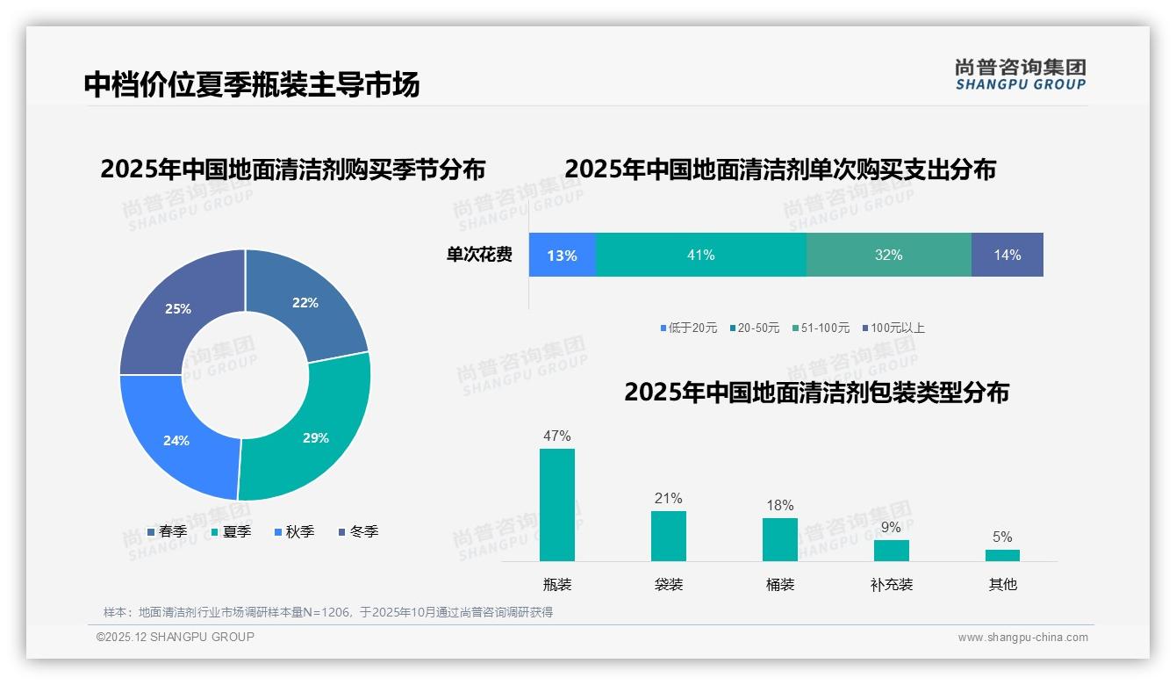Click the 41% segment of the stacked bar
700,255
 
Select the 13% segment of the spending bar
562,255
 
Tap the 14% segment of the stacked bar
1007,255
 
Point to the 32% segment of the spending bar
888,255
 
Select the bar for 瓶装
557,505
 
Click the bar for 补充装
891,551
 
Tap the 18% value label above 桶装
779,505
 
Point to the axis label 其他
1002,584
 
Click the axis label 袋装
668,584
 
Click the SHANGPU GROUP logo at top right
1020,75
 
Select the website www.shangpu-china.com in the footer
1022,638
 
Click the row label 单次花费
479,255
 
